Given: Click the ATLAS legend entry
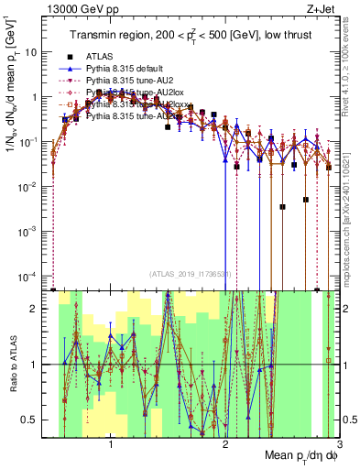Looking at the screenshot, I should (x=100, y=57).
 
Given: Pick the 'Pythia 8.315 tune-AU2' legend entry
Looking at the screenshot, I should (x=127, y=81).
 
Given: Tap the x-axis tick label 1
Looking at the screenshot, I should (x=111, y=445).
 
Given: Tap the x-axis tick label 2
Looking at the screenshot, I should (x=225, y=445).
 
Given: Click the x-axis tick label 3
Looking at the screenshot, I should (x=339, y=445).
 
